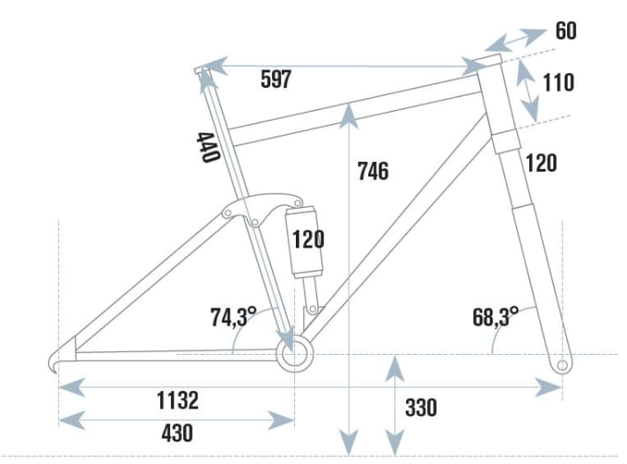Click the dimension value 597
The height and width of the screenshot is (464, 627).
point(276,79)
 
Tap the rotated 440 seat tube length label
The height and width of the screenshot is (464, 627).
point(208,147)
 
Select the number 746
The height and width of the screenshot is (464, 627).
point(373,171)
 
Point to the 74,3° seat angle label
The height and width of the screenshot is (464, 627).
point(233,316)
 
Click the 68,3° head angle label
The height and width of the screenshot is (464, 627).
point(496,317)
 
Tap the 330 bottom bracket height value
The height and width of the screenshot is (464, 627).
point(421,408)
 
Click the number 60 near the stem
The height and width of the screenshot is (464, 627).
point(566,32)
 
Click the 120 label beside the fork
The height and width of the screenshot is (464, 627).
point(541,163)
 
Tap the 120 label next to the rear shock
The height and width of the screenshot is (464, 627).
point(307,239)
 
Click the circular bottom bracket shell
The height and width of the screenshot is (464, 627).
point(294,354)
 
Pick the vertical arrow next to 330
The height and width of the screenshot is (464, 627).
point(395,406)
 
